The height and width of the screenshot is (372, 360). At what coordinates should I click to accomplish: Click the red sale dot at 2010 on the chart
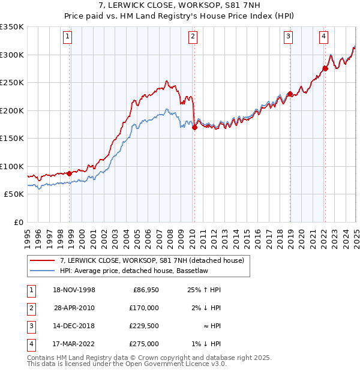tap(194, 127)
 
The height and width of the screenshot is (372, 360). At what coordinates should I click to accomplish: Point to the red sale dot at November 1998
tap(70, 173)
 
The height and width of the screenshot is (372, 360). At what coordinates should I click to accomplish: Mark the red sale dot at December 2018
tap(290, 94)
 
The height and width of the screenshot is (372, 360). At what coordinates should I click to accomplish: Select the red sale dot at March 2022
tap(325, 68)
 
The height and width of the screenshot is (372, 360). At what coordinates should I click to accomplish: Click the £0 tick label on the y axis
tap(18, 222)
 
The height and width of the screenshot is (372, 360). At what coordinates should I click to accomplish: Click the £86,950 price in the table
tap(145, 290)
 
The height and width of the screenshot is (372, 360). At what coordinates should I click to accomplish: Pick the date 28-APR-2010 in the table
tap(74, 308)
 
